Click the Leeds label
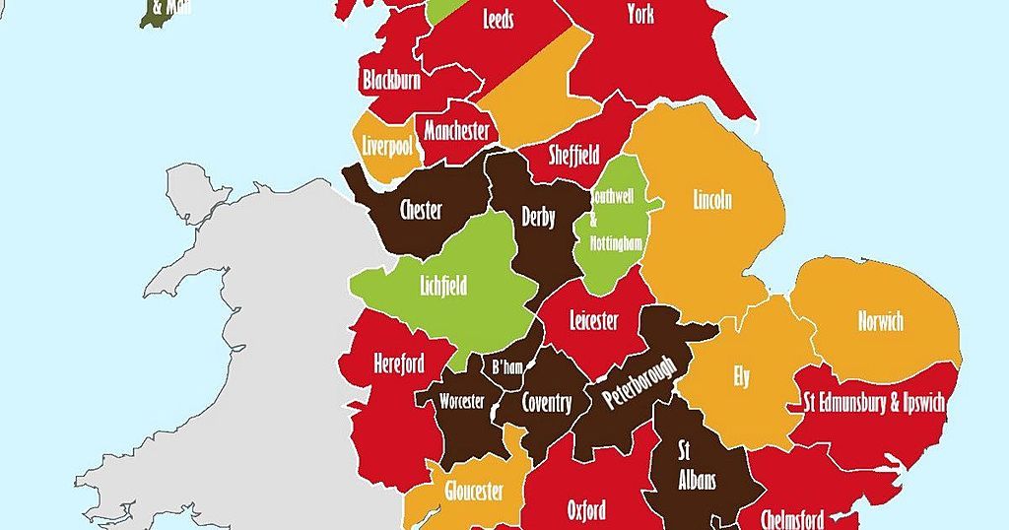pyautogui.click(x=498, y=20)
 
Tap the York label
pyautogui.click(x=640, y=14)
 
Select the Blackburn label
pyautogui.click(x=391, y=81)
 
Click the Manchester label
pyautogui.click(x=456, y=131)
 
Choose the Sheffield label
pyautogui.click(x=573, y=155)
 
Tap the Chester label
pyautogui.click(x=421, y=210)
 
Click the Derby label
pyautogui.click(x=539, y=218)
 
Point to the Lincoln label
pyautogui.click(x=712, y=201)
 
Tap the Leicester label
pyautogui.click(x=594, y=321)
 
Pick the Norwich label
pyautogui.click(x=880, y=321)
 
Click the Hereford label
pyautogui.click(x=399, y=364)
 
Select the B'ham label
pyautogui.click(x=506, y=367)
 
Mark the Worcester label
pyautogui.click(x=462, y=402)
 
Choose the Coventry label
pyautogui.click(x=546, y=403)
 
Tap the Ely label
pyautogui.click(x=741, y=377)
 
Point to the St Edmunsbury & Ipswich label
pyautogui.click(x=874, y=403)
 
